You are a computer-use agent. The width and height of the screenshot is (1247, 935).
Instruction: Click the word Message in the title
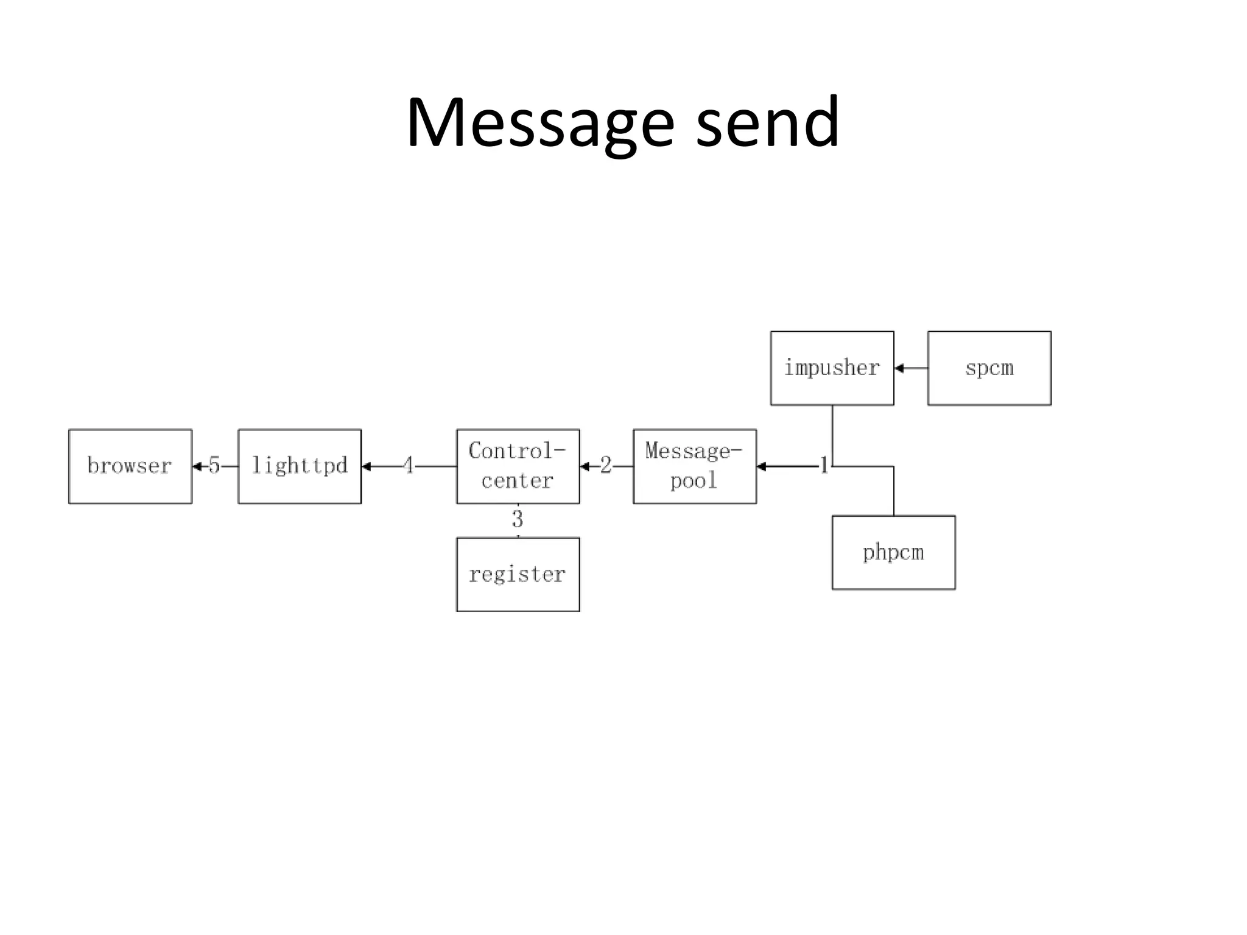pos(539,124)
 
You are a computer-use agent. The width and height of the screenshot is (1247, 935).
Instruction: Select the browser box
pos(130,466)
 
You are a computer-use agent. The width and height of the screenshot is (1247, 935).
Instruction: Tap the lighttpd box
pos(300,466)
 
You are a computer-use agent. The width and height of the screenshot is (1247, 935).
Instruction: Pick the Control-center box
pos(518,466)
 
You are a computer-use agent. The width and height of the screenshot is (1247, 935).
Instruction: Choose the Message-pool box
pos(695,466)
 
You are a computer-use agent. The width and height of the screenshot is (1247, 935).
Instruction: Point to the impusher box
pos(832,368)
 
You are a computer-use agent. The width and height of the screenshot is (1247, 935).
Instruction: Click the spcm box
pos(989,368)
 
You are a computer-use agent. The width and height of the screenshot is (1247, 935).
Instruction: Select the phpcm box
pos(893,553)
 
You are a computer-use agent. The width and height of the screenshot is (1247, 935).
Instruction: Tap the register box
pos(518,575)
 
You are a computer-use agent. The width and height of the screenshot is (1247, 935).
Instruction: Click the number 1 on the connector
pos(824,466)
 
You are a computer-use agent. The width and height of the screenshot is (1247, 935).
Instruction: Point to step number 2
pos(605,466)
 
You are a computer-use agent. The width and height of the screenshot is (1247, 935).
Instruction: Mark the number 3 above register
pos(518,519)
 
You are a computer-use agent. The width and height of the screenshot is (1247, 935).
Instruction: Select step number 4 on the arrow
pos(409,466)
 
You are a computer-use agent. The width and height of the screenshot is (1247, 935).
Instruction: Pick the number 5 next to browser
pos(214,466)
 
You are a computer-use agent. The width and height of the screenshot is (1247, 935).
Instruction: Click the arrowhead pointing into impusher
pos(899,368)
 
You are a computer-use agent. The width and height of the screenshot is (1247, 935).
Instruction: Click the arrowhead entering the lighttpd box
pos(367,467)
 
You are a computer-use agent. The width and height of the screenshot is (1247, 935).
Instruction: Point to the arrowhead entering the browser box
pos(197,467)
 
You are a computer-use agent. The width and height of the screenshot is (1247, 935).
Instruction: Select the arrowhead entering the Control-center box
pos(585,467)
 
